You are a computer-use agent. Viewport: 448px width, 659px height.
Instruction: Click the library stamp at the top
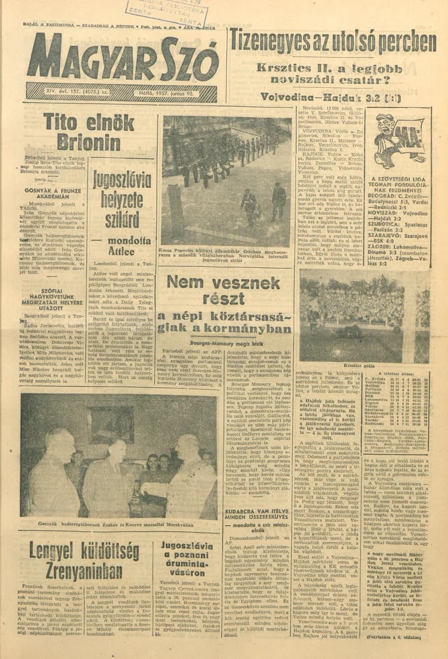pyautogui.click(x=166, y=11)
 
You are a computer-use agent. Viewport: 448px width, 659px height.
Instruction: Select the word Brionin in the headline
pyautogui.click(x=88, y=142)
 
